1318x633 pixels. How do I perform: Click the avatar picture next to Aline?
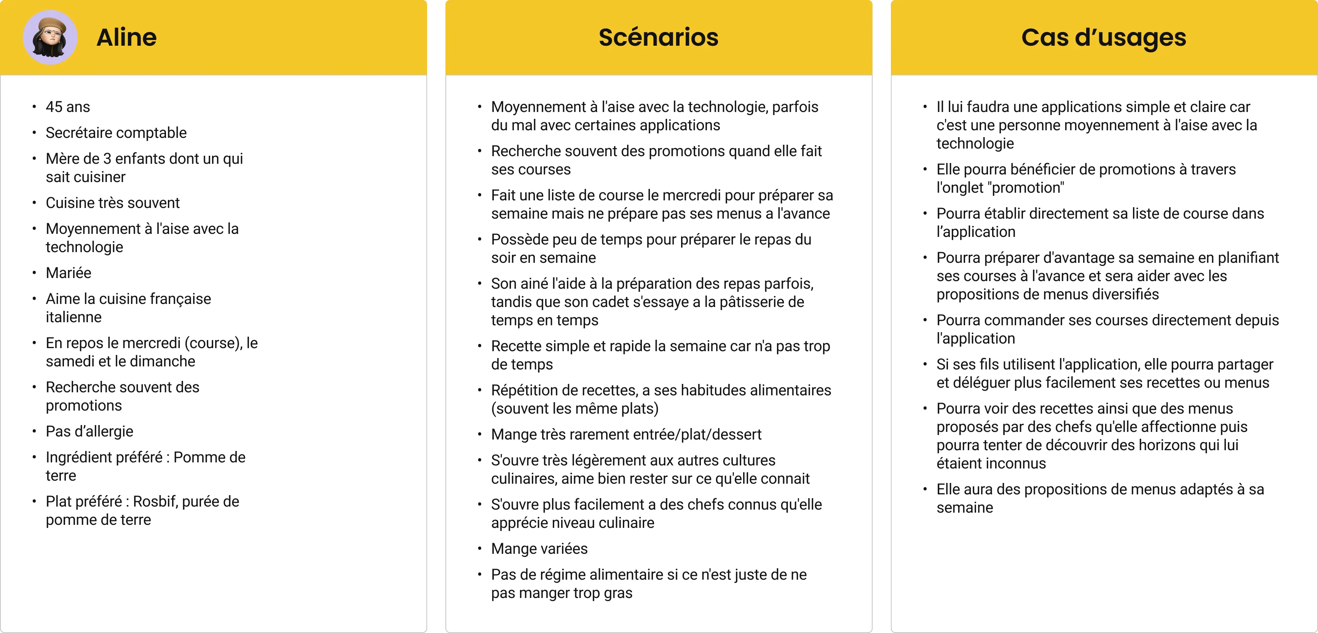point(50,37)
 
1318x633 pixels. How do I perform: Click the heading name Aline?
point(126,37)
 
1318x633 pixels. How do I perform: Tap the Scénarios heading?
point(659,37)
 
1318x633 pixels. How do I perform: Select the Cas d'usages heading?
point(1104,37)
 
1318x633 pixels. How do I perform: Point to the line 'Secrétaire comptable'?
point(116,133)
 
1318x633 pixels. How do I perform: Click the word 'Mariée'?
point(69,273)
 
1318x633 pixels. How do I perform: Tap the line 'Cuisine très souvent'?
point(113,203)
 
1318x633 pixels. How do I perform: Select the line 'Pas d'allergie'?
point(89,432)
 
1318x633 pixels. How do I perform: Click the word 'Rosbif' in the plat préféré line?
point(155,502)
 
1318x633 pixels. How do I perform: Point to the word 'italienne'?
point(74,317)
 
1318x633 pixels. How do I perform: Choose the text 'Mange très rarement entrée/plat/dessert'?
point(626,435)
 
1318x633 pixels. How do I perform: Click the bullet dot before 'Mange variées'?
point(479,548)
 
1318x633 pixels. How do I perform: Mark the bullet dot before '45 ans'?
point(34,107)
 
